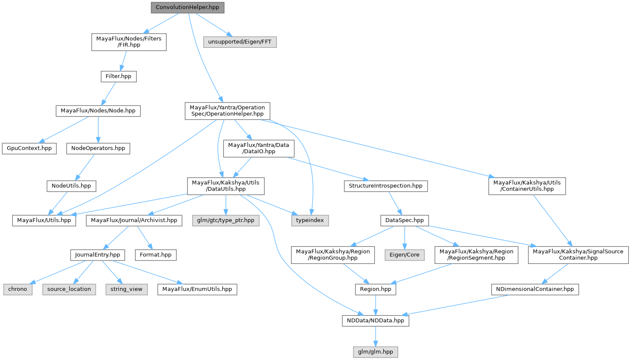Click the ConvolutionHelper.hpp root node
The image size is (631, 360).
[188, 7]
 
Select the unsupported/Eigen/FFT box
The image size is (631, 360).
[240, 42]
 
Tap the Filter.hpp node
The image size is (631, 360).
[118, 76]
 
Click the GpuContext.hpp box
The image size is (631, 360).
[29, 148]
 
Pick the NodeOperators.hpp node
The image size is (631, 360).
[98, 148]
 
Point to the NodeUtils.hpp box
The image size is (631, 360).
[71, 186]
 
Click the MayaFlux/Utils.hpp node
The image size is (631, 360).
[44, 220]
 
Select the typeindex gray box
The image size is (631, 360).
[310, 220]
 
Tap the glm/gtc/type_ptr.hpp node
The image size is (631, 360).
[226, 220]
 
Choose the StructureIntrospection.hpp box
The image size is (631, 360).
[385, 186]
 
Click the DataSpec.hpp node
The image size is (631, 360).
[405, 220]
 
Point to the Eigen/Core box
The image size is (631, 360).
[405, 255]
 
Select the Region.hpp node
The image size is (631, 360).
[376, 289]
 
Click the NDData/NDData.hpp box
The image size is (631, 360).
[376, 320]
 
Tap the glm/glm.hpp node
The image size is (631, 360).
[376, 352]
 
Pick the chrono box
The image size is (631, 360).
[18, 289]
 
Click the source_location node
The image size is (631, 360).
[69, 289]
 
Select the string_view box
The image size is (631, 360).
[126, 289]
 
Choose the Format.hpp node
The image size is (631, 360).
[156, 255]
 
